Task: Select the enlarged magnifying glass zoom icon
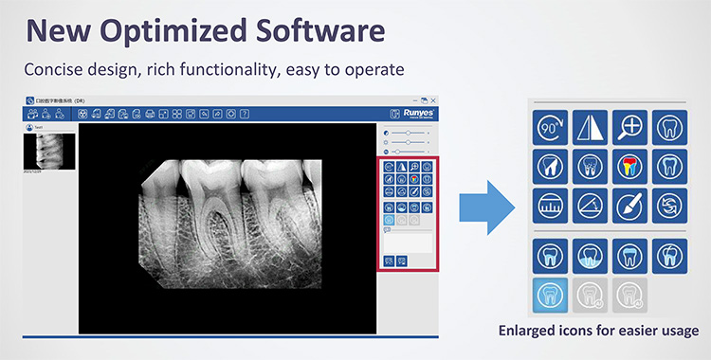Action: point(629,126)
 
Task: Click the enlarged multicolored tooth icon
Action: point(629,165)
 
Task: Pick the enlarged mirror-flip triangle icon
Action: point(590,126)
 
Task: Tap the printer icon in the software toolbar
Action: point(149,114)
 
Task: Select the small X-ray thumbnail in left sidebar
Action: point(49,148)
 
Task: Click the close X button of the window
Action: point(434,99)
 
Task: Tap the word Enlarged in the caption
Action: point(533,331)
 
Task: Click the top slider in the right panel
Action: point(409,133)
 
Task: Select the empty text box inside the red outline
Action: point(409,241)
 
